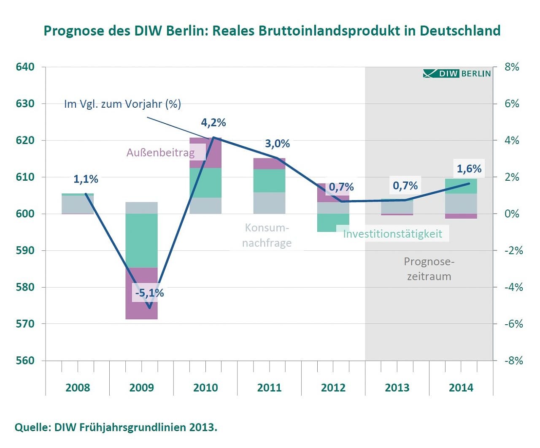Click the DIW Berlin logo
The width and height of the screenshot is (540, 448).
coord(457,73)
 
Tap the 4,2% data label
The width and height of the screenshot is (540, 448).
coord(213,122)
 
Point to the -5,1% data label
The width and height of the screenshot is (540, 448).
coord(149,293)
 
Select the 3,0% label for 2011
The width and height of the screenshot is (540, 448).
coord(277,144)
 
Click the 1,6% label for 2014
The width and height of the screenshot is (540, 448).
coord(469,169)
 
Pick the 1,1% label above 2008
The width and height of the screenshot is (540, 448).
coord(86,179)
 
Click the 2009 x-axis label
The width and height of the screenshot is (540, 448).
coord(141,388)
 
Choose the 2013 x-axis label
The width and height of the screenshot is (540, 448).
coord(397,388)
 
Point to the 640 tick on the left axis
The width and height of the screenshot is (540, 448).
coord(25,67)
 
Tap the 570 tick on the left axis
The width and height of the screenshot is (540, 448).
coord(25,324)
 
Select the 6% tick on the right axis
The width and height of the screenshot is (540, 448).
coord(512,103)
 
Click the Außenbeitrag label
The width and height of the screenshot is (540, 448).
coord(161,152)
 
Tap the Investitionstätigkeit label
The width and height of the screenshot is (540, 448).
coord(392,234)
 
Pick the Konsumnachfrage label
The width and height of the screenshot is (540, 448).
coord(267,235)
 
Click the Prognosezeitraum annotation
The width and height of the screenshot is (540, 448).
coord(429,269)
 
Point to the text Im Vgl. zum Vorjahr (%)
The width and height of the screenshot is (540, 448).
coord(122,104)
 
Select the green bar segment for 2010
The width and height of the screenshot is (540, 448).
coord(205,182)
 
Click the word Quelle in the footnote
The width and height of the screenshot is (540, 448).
coord(31,427)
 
